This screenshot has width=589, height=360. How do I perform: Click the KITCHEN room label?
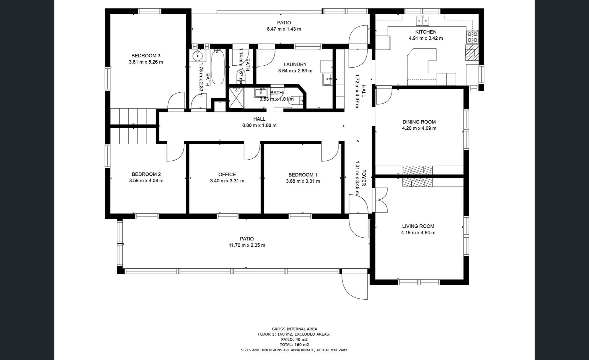pyautogui.click(x=426, y=32)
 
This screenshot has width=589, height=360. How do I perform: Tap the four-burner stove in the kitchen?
pyautogui.click(x=472, y=37)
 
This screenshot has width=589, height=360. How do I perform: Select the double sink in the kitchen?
pyautogui.click(x=423, y=21)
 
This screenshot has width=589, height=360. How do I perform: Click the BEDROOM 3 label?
pyautogui.click(x=146, y=56)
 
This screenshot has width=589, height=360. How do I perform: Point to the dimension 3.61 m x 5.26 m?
pyautogui.click(x=146, y=62)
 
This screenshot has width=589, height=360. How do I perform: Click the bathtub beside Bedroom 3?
pyautogui.click(x=218, y=67)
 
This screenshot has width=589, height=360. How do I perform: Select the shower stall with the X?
pyautogui.click(x=236, y=98)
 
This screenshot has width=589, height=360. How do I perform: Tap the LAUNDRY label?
pyautogui.click(x=295, y=64)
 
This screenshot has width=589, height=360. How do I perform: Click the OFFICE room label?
pyautogui.click(x=227, y=174)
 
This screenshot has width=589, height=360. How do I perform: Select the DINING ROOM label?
pyautogui.click(x=419, y=122)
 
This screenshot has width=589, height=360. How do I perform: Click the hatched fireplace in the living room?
pyautogui.click(x=417, y=182)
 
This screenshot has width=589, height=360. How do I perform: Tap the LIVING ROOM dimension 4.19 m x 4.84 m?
pyautogui.click(x=418, y=233)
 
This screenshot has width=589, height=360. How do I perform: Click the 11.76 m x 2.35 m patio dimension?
pyautogui.click(x=247, y=245)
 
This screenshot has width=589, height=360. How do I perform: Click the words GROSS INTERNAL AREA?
pyautogui.click(x=294, y=329)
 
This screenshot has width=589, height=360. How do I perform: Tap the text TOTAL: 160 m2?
pyautogui.click(x=294, y=345)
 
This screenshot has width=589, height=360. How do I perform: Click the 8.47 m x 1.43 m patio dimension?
pyautogui.click(x=284, y=29)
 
